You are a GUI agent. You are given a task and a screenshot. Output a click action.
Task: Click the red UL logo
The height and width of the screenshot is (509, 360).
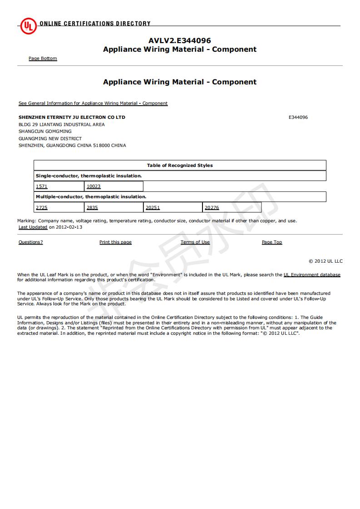click(x=28, y=26)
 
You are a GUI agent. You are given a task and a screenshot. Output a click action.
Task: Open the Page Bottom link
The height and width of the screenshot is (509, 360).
click(x=43, y=59)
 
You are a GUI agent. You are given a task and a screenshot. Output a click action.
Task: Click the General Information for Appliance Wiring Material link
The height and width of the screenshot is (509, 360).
click(x=93, y=103)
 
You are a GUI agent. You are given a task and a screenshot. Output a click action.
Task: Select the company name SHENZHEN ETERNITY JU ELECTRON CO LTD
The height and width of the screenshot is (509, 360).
click(x=72, y=117)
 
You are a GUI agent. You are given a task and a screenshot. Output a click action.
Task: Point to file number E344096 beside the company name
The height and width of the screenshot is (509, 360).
click(x=298, y=117)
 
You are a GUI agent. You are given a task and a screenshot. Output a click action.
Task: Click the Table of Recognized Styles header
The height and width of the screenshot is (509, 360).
click(x=180, y=166)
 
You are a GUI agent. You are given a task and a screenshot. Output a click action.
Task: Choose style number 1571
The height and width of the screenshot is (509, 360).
click(x=41, y=186)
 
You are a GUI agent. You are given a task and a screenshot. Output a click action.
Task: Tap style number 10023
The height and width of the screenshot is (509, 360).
click(x=94, y=186)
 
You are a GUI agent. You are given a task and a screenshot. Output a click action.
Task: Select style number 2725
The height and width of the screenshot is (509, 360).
click(x=41, y=208)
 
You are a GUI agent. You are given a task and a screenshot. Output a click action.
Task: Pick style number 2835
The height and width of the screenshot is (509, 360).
click(x=92, y=208)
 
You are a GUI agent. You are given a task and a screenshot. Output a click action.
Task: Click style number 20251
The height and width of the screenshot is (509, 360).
click(x=153, y=208)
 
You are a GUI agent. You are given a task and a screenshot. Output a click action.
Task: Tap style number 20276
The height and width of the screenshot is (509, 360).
click(x=212, y=208)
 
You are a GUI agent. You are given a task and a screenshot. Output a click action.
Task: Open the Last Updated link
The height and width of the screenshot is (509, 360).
click(x=33, y=227)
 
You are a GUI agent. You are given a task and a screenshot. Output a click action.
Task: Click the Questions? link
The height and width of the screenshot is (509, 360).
click(x=30, y=242)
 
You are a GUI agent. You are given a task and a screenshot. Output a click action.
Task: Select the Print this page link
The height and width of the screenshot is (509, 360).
click(x=115, y=242)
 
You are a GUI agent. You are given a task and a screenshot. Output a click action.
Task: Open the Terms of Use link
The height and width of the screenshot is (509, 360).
click(x=195, y=242)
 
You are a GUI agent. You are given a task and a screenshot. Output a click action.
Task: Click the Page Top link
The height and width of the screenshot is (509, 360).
click(x=272, y=242)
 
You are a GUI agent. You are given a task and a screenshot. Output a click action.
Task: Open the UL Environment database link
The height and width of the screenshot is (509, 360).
click(x=312, y=275)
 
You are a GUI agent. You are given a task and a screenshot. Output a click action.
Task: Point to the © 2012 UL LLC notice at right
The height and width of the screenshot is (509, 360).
click(x=325, y=261)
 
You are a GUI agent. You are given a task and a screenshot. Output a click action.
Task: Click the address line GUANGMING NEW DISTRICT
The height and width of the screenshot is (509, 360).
click(x=50, y=139)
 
